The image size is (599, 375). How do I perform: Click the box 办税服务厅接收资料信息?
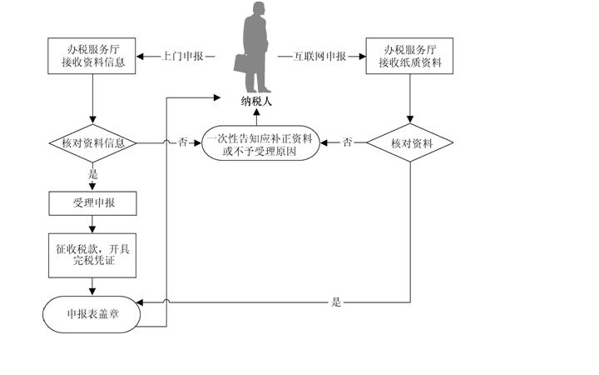(92, 56)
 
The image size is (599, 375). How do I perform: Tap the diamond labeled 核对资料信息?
(92, 143)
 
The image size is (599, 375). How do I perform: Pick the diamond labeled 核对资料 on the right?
(410, 143)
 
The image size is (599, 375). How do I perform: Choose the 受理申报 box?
(92, 202)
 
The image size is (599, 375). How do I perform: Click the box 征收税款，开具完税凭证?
(92, 255)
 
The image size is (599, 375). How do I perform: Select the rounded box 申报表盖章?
(92, 315)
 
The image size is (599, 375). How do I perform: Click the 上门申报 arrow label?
(177, 57)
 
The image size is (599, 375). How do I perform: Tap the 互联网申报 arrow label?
(319, 57)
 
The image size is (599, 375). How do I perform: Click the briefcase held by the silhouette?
(240, 62)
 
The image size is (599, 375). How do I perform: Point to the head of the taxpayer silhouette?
(258, 11)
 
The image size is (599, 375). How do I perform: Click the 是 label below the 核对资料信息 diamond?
(92, 174)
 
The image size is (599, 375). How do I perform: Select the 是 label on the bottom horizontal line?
(336, 302)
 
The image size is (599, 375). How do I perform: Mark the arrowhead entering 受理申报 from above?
(92, 188)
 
